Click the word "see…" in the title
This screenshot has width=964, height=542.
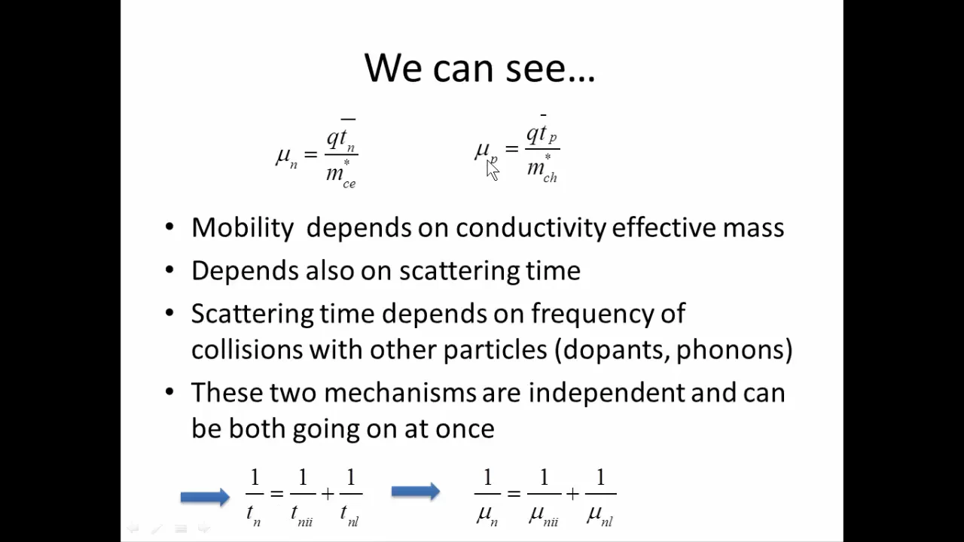point(550,68)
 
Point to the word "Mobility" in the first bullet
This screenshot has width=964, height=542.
point(243,228)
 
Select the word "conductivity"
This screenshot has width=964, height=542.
point(530,228)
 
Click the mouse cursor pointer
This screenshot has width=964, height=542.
point(492,170)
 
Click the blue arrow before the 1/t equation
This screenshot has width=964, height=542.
point(205,496)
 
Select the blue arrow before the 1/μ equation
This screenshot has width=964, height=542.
point(416,492)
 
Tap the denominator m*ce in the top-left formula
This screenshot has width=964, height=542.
point(341,175)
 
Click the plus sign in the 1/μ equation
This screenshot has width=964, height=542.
point(573,494)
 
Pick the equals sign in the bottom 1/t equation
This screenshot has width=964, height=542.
point(276,494)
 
